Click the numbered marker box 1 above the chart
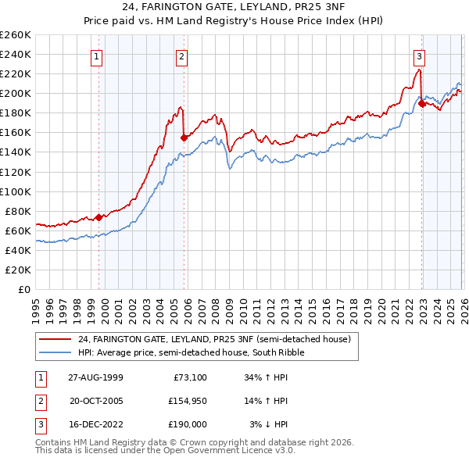pyautogui.click(x=96, y=55)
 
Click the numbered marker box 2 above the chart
pyautogui.click(x=181, y=55)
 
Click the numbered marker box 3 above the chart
pyautogui.click(x=419, y=55)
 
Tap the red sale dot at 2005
pyautogui.click(x=184, y=138)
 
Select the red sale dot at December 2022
pyautogui.click(x=422, y=102)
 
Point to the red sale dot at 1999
pyautogui.click(x=99, y=217)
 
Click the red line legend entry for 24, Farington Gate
pyautogui.click(x=219, y=340)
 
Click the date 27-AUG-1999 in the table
pyautogui.click(x=96, y=377)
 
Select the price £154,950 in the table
pyautogui.click(x=185, y=401)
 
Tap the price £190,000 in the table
pyautogui.click(x=185, y=424)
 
